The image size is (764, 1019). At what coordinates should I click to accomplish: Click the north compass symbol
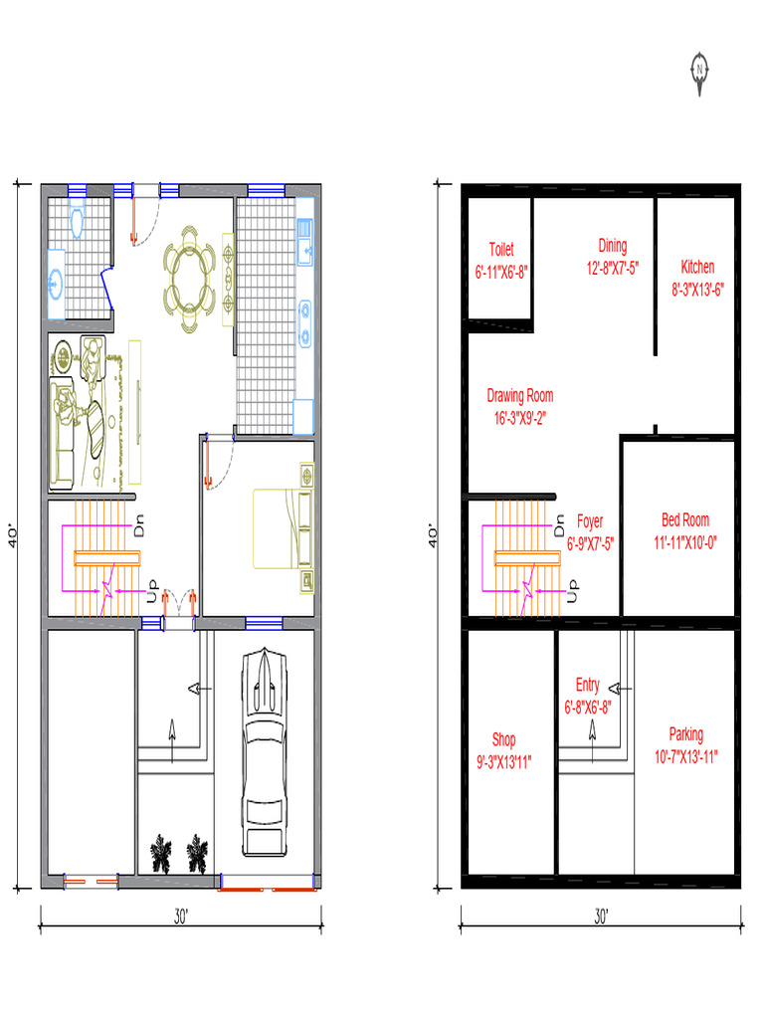pyautogui.click(x=699, y=73)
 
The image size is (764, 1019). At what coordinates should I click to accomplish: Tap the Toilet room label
pyautogui.click(x=501, y=250)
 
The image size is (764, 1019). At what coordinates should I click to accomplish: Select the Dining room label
pyautogui.click(x=613, y=247)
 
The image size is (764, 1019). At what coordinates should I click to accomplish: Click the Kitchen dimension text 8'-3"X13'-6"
pyautogui.click(x=697, y=290)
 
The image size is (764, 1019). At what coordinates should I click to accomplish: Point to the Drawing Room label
pyautogui.click(x=519, y=396)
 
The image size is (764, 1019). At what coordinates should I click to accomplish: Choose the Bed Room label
pyautogui.click(x=685, y=519)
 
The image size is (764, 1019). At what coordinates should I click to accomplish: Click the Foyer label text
pyautogui.click(x=590, y=521)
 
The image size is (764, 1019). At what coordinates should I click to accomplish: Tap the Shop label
pyautogui.click(x=503, y=739)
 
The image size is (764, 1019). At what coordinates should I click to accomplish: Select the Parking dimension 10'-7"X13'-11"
pyautogui.click(x=686, y=757)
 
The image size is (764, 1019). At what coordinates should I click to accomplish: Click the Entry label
pyautogui.click(x=587, y=685)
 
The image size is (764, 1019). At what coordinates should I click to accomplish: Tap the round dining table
pyautogui.click(x=189, y=280)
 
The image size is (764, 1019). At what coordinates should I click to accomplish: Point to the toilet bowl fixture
pyautogui.click(x=77, y=221)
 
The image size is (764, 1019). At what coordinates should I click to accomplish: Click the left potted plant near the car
pyautogui.click(x=161, y=854)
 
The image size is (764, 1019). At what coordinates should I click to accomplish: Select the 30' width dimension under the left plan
pyautogui.click(x=181, y=917)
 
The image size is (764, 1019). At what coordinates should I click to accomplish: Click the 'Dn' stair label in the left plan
pyautogui.click(x=139, y=525)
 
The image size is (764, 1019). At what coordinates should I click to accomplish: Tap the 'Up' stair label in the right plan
pyautogui.click(x=572, y=591)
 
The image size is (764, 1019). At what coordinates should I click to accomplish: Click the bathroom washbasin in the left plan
pyautogui.click(x=57, y=284)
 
